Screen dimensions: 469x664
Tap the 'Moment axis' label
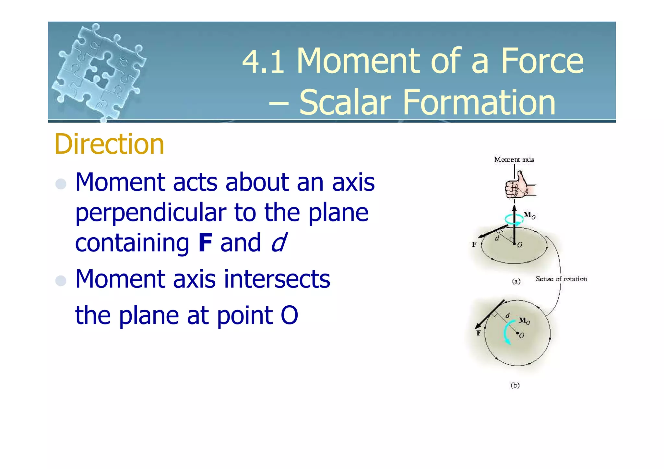[514, 159]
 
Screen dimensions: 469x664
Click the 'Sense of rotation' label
[561, 279]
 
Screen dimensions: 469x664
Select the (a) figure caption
[516, 281]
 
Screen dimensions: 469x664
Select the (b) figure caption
[515, 385]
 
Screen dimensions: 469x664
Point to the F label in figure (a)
[474, 244]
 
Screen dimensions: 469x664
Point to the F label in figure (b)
[478, 333]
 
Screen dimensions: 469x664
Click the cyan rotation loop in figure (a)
[514, 220]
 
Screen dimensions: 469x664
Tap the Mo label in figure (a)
[529, 215]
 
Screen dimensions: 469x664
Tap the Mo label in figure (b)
[524, 321]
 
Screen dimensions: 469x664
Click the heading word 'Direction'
[109, 144]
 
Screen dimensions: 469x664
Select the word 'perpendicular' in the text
[151, 213]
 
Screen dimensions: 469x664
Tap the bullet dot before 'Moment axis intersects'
[61, 280]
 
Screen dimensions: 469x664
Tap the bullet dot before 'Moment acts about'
[61, 184]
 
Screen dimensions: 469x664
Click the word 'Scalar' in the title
[345, 102]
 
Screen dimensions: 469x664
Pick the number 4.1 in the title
[263, 62]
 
